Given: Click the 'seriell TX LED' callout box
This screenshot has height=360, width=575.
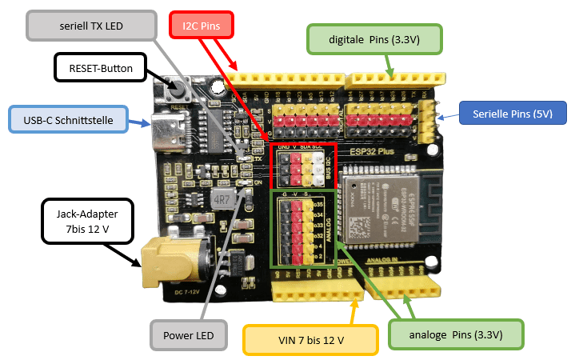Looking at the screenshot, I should coord(92,26).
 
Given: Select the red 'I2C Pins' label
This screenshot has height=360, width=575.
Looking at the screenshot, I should coord(202,25).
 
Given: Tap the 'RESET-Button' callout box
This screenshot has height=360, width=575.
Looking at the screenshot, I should coord(100,67).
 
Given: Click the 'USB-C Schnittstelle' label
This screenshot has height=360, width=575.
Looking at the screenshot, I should coord(70,120).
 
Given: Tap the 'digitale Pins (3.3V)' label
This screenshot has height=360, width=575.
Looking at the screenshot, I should coord(373,38).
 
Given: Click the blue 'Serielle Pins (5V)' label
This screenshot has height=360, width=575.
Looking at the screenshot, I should coord(513,113).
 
